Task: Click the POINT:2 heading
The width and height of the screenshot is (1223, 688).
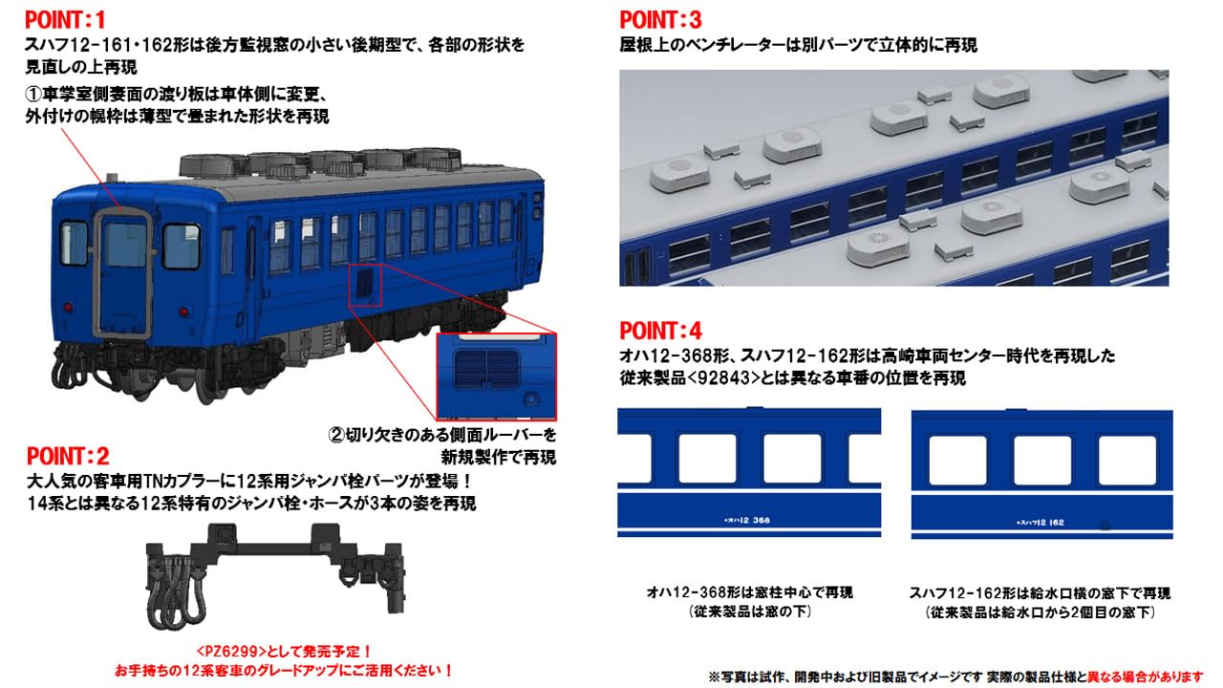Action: click(x=67, y=456)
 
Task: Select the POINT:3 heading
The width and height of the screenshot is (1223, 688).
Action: click(x=660, y=19)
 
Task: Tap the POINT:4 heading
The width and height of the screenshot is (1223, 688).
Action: click(x=660, y=332)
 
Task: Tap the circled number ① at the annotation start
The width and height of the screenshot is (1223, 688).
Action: click(x=32, y=96)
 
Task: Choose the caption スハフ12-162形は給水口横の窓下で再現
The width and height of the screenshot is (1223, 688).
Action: click(x=1041, y=592)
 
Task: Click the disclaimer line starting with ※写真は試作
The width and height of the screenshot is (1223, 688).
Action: click(x=955, y=676)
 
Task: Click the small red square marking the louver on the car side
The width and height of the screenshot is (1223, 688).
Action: click(x=365, y=284)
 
